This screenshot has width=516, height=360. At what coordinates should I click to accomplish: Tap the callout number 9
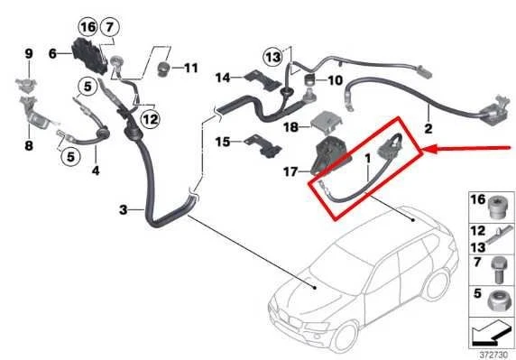click(x=28, y=55)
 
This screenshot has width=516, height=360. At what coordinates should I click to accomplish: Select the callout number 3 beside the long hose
click(x=124, y=211)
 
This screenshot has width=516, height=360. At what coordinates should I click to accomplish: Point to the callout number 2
click(x=429, y=128)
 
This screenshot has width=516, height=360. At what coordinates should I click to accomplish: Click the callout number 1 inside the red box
click(x=367, y=160)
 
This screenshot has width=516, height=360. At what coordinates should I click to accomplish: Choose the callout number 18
click(x=290, y=128)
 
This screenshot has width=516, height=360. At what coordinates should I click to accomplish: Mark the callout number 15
click(x=222, y=142)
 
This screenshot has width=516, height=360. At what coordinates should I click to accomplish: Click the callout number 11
click(x=191, y=69)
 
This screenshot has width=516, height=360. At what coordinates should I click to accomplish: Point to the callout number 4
click(x=96, y=170)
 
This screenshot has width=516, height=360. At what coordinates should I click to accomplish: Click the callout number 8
click(x=28, y=143)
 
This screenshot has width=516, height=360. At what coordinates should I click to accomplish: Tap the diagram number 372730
click(x=489, y=353)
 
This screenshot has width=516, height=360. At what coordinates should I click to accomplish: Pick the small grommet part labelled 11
click(x=163, y=69)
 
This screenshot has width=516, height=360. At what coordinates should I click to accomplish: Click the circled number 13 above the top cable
click(x=273, y=58)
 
